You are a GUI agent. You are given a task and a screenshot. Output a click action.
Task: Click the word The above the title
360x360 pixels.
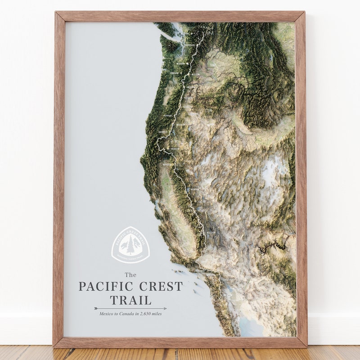pyautogui.click(x=130, y=274)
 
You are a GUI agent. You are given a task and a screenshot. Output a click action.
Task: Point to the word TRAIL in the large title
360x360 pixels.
pyautogui.click(x=130, y=300)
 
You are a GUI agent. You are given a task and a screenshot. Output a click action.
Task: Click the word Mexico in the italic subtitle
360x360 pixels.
pyautogui.click(x=108, y=314)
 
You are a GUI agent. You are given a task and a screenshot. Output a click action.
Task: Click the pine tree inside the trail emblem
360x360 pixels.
pyautogui.click(x=130, y=245)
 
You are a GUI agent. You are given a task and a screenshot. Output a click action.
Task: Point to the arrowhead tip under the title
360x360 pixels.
pyautogui.click(x=166, y=308)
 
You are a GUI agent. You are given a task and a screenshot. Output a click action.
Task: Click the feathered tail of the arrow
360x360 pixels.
pyautogui.click(x=96, y=308)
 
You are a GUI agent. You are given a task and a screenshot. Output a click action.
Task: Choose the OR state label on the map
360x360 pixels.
pyautogui.click(x=208, y=111)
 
